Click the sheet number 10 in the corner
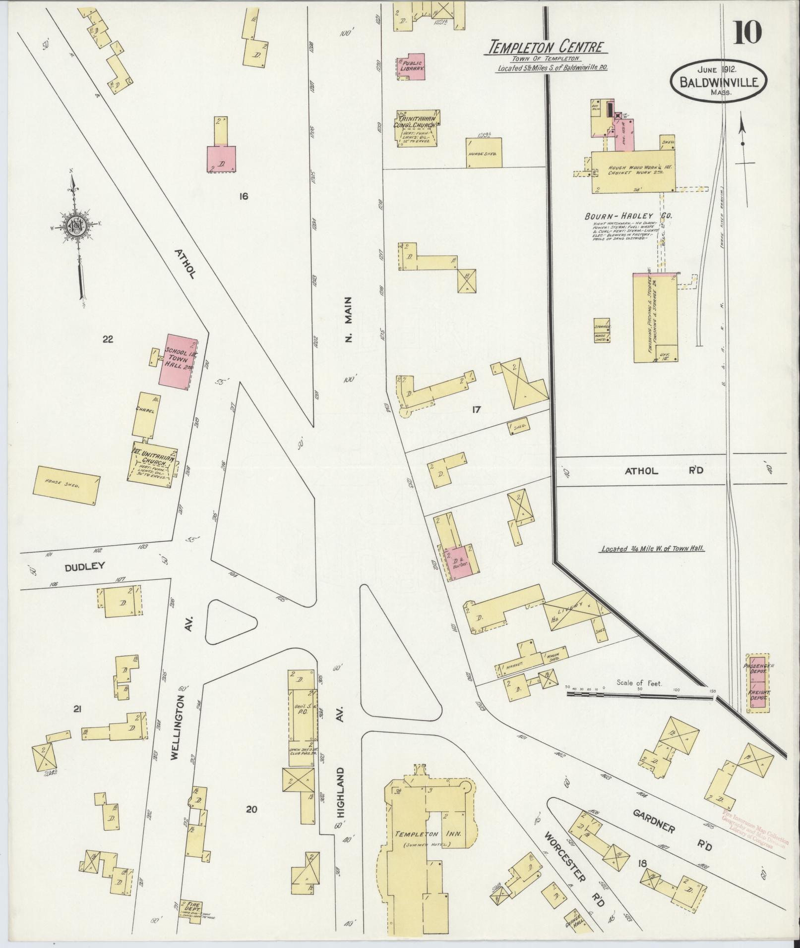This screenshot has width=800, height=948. pyautogui.click(x=745, y=33)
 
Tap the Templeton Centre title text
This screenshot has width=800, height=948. pyautogui.click(x=547, y=48)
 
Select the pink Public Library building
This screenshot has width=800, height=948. pyautogui.click(x=412, y=66)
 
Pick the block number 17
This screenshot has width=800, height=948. pyautogui.click(x=477, y=409)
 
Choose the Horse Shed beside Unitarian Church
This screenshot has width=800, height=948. pyautogui.click(x=65, y=485)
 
